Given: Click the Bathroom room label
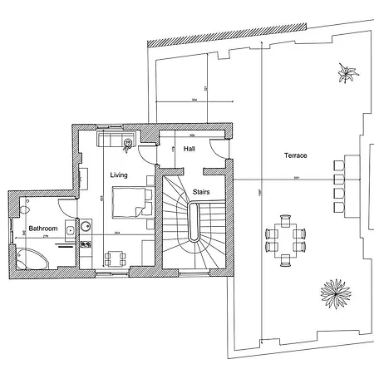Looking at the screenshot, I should tap(42, 228).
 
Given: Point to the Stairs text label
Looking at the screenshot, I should tap(201, 192).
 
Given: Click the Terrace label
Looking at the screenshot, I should tap(295, 155).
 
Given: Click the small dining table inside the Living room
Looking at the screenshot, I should tap(115, 258).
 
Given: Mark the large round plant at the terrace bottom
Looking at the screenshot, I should tap(336, 292).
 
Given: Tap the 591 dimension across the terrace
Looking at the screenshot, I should tap(295, 179).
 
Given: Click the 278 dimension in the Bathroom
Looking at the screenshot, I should tap(46, 238).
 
